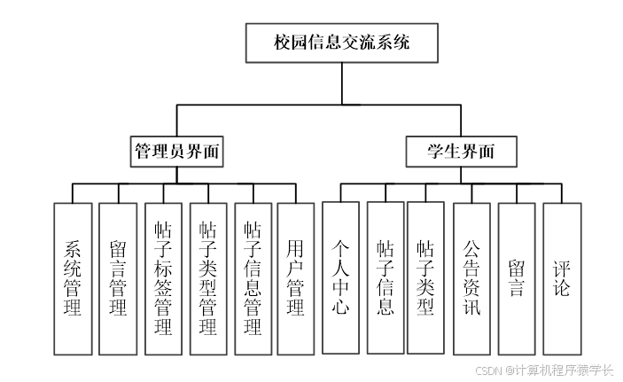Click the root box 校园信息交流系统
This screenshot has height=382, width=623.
tap(341, 43)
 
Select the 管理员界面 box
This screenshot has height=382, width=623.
tap(176, 151)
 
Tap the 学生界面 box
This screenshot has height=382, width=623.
tap(461, 151)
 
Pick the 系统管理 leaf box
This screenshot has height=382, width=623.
tap(73, 278)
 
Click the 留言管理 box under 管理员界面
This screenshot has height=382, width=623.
tap(118, 278)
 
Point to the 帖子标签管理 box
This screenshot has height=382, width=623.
tap(163, 278)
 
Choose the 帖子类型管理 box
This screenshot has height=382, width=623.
tap(208, 278)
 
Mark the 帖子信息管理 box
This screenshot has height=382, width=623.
tap(253, 278)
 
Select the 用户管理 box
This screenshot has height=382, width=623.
tap(296, 278)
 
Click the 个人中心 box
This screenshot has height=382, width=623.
tap(341, 278)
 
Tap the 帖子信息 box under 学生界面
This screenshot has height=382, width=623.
tap(385, 278)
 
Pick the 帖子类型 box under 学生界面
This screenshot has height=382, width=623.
tap(425, 278)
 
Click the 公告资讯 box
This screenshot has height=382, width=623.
tap(471, 278)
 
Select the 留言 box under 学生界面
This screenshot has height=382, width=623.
tap(517, 278)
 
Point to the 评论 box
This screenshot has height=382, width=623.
tap(562, 278)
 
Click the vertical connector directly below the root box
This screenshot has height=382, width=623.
tap(341, 84)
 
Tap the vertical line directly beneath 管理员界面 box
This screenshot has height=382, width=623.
tap(176, 175)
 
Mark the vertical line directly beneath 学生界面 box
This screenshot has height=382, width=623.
tap(461, 175)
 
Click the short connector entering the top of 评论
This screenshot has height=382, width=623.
tap(562, 193)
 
